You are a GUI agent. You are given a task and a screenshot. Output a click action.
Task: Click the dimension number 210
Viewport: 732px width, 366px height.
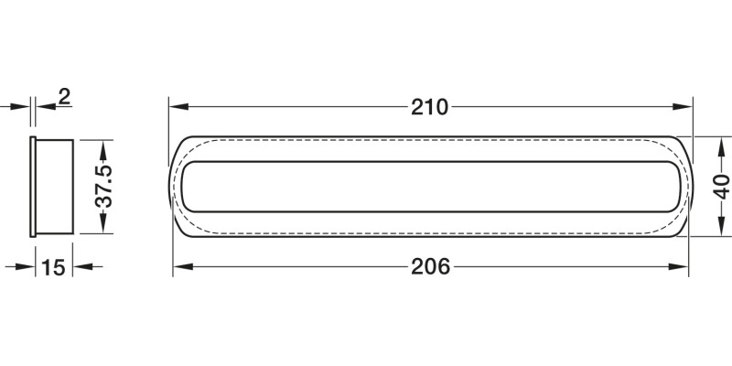pyautogui.click(x=429, y=107)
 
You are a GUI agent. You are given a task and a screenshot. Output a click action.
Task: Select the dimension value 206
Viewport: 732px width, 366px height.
pyautogui.click(x=430, y=267)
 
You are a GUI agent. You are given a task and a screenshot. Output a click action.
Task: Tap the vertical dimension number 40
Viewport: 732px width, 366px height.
pyautogui.click(x=722, y=187)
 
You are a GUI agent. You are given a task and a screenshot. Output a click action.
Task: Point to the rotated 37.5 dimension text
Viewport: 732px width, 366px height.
pyautogui.click(x=104, y=186)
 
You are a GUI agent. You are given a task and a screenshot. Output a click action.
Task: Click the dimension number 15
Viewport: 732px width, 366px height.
pyautogui.click(x=53, y=267)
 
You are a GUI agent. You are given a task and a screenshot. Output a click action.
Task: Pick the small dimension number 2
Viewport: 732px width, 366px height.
pyautogui.click(x=64, y=97)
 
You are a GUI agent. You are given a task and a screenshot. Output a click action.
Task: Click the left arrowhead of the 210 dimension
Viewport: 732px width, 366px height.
pyautogui.click(x=178, y=107)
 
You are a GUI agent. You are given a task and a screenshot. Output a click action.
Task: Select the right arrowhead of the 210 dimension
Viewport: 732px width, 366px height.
pyautogui.click(x=683, y=107)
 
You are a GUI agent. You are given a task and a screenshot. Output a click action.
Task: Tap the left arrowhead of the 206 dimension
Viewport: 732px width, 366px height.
pyautogui.click(x=183, y=267)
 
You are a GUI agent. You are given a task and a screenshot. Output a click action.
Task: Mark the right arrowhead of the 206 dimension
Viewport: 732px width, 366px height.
pyautogui.click(x=678, y=267)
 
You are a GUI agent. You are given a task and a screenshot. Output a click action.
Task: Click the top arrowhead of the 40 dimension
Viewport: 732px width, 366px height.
pyautogui.click(x=722, y=146)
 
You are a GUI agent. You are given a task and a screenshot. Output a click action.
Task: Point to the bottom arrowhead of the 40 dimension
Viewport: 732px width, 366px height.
pyautogui.click(x=722, y=226)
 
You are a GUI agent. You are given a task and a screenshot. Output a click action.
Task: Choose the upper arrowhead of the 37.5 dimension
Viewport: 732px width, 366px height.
pyautogui.click(x=103, y=150)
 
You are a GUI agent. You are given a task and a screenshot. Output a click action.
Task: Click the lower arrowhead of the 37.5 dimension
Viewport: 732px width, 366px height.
pyautogui.click(x=103, y=223)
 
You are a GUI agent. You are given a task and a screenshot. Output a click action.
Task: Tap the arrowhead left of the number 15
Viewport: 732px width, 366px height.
pyautogui.click(x=26, y=267)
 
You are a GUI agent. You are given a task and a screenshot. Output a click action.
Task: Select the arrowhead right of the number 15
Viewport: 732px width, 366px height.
pyautogui.click(x=82, y=267)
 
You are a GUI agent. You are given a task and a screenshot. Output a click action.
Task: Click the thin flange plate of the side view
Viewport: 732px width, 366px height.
pyautogui.click(x=33, y=187)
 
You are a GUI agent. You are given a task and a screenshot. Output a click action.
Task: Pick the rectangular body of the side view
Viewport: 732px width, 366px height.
pyautogui.click(x=55, y=187)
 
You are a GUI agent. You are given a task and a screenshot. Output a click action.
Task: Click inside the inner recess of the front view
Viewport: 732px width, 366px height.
pyautogui.click(x=430, y=187)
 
